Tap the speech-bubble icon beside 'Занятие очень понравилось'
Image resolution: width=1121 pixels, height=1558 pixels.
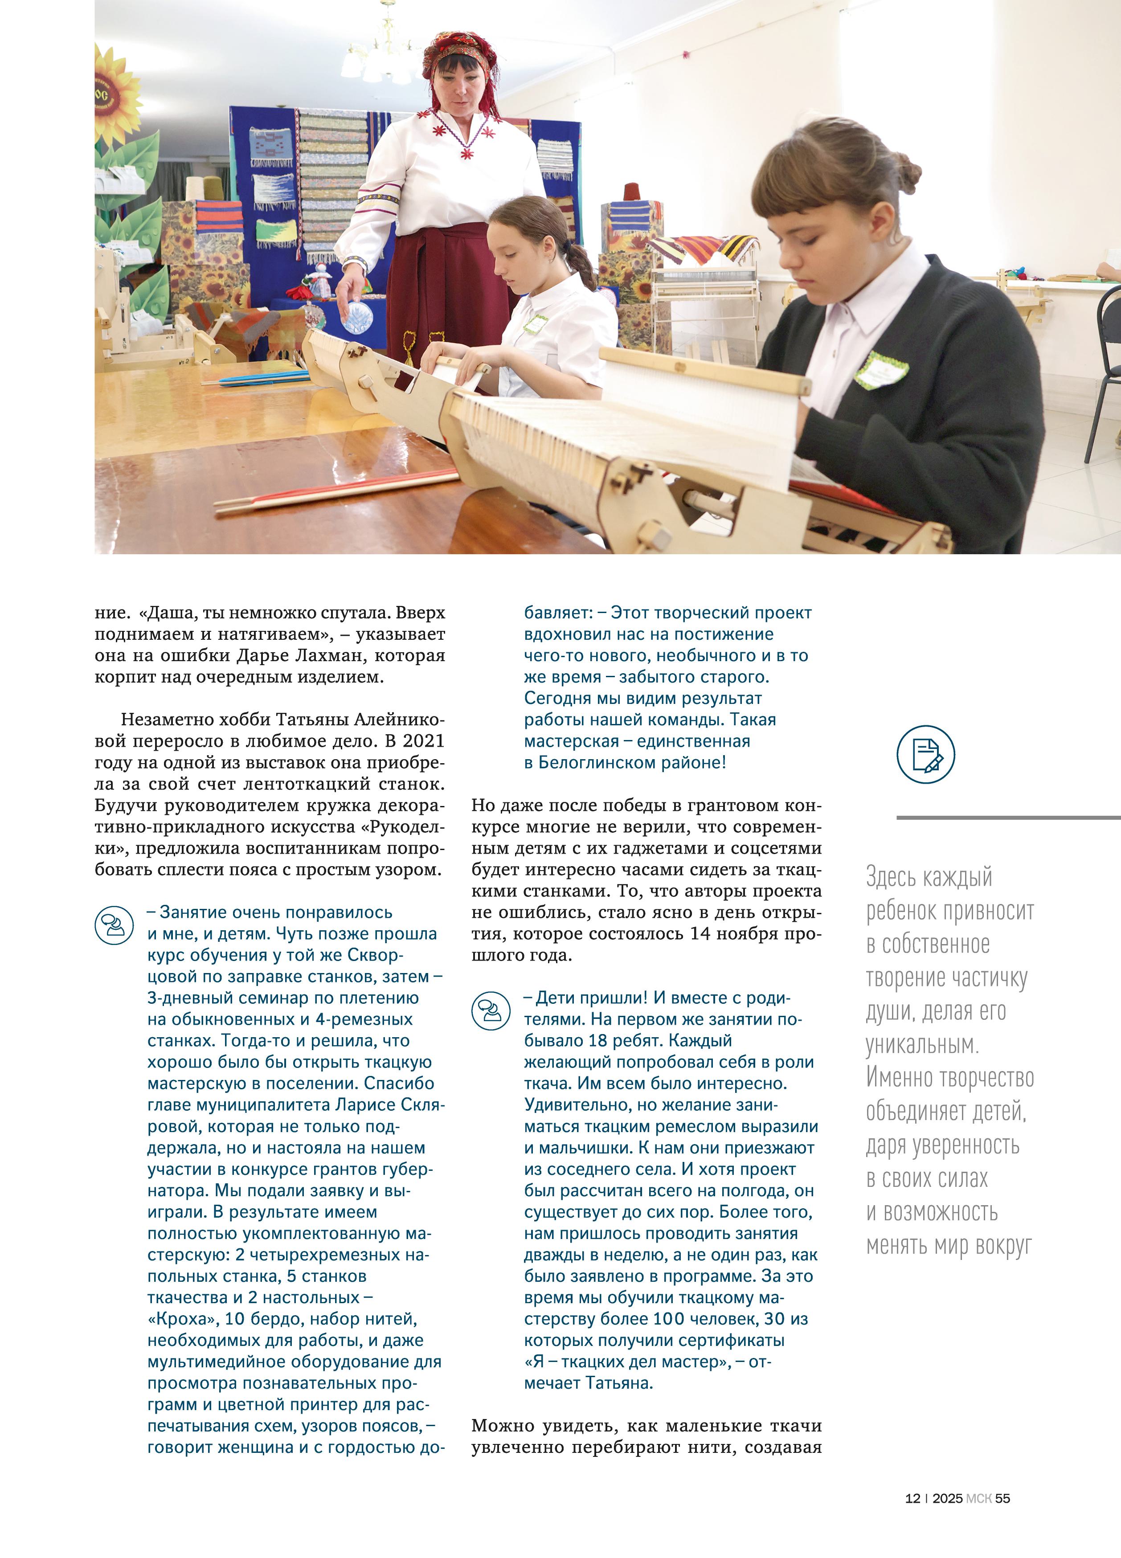114,925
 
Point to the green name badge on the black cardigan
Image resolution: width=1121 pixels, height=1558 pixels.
881,370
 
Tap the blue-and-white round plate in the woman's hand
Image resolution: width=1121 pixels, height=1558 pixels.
356,315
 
